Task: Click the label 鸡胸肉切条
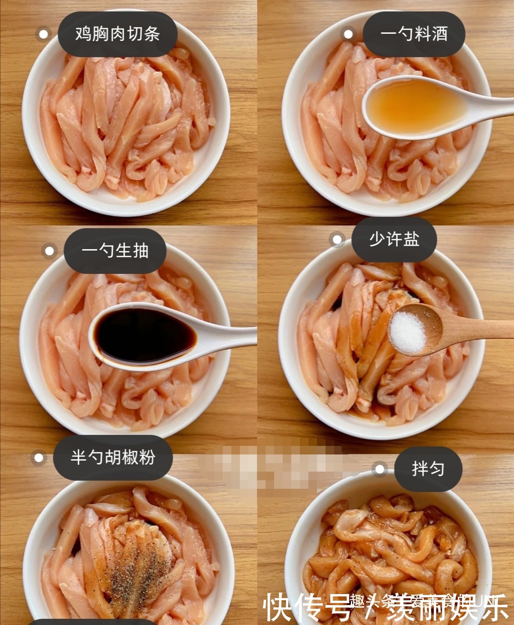point(118,34)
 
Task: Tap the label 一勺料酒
point(414,34)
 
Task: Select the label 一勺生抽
point(115,251)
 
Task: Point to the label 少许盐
point(394,239)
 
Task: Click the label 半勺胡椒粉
point(113,457)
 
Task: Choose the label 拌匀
point(428,469)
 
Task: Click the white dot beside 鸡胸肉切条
point(43,34)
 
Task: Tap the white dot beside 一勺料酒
point(348,34)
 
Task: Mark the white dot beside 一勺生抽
point(49,251)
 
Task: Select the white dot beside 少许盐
point(337,240)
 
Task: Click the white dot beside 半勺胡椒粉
point(39,458)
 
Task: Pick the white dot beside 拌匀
point(379,469)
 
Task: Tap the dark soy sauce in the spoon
point(143,336)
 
